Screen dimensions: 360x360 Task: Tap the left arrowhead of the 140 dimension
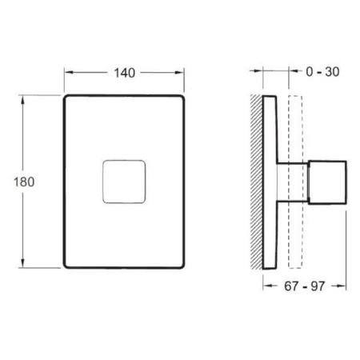click(x=67, y=72)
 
